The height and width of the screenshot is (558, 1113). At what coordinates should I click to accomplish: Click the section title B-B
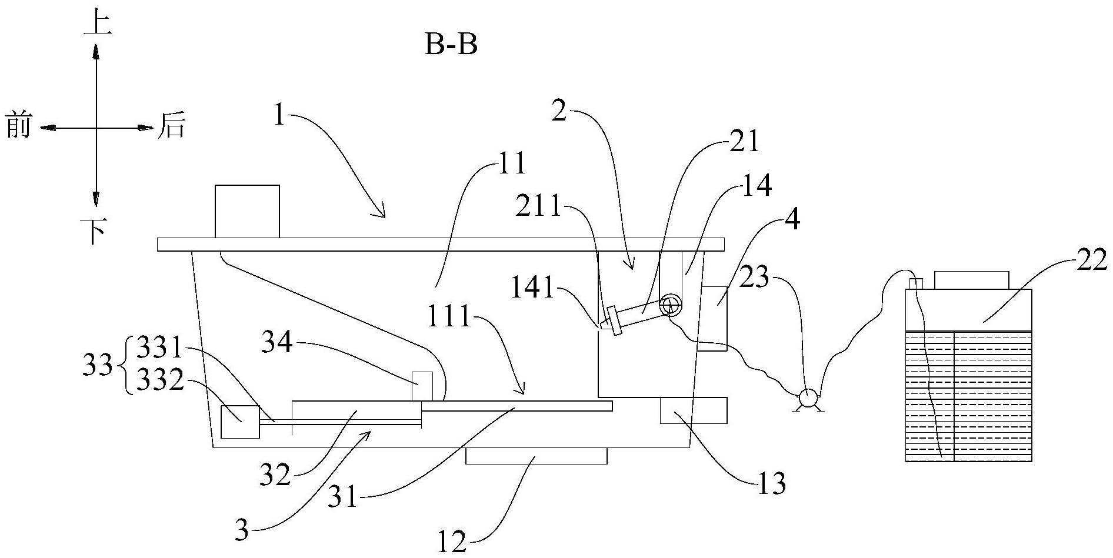451,45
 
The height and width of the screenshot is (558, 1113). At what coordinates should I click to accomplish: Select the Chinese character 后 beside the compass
171,126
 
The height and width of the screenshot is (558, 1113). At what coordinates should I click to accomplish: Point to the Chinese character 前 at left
18,125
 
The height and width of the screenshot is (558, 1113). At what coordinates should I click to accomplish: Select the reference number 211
539,208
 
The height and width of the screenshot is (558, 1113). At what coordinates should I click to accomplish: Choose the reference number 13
770,483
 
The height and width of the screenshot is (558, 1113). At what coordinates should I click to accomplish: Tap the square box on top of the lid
247,211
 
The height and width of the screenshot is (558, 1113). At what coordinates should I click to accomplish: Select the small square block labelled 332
240,422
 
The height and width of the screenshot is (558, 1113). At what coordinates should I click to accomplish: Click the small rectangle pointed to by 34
422,387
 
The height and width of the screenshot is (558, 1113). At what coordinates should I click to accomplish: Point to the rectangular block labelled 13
694,410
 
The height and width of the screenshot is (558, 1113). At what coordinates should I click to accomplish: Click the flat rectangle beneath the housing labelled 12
536,456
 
